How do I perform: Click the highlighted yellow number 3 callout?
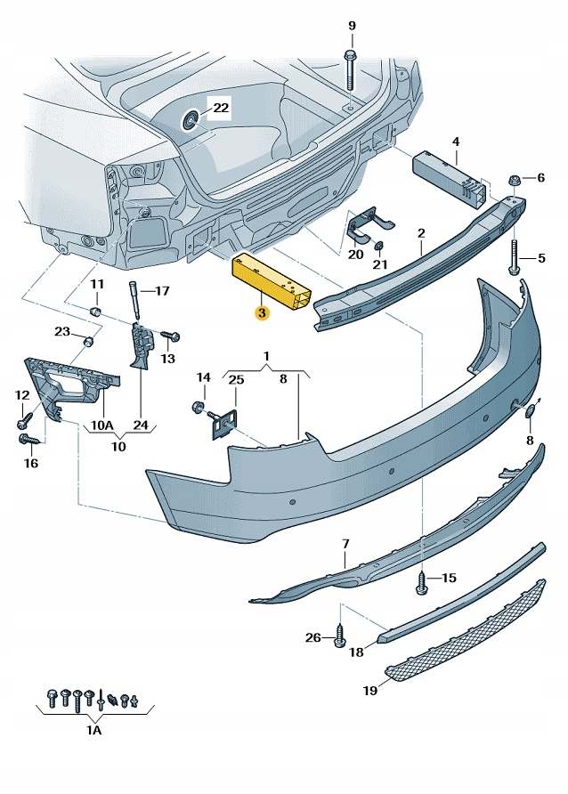pos(262,312)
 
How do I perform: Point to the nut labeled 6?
pos(514,181)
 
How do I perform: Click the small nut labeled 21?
pos(379,246)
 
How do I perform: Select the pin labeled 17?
pos(137,299)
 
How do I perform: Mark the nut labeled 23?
pos(88,343)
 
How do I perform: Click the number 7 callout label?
pos(345,543)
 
